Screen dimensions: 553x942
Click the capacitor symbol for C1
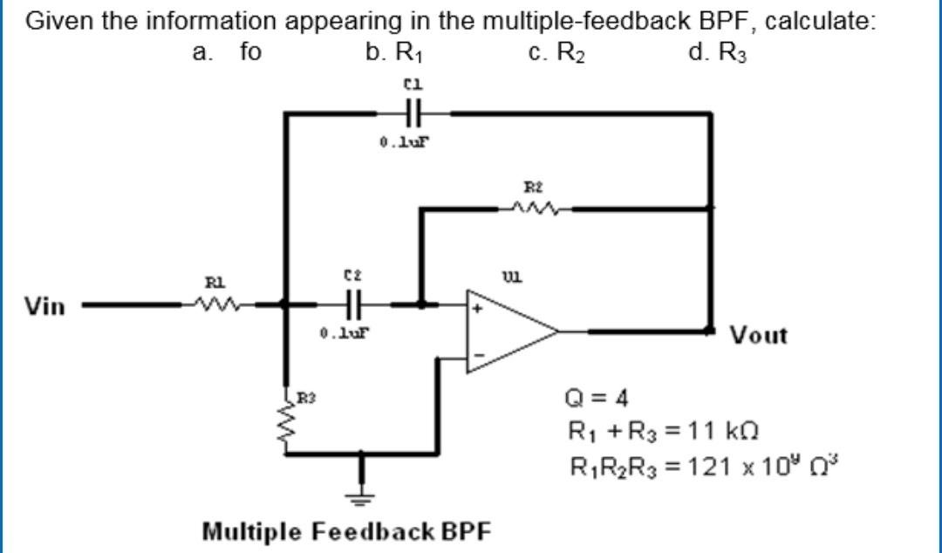tap(413, 113)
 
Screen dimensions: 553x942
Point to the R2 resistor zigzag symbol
tap(533, 208)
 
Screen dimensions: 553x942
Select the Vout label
tap(758, 335)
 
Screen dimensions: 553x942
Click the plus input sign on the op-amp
tap(476, 310)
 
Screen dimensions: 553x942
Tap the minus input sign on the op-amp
tap(476, 355)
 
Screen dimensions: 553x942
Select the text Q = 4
tap(597, 399)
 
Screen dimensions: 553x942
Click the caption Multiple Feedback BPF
tap(346, 530)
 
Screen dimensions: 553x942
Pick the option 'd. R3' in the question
tap(718, 52)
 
